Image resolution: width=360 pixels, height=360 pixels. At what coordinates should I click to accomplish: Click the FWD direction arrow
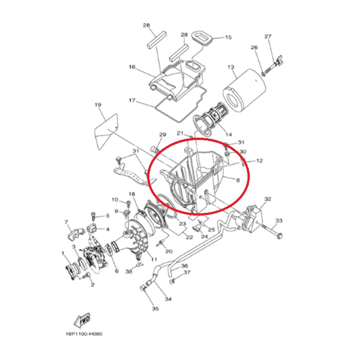[x=82, y=320]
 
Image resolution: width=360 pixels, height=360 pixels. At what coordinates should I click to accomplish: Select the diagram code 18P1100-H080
[x=84, y=334]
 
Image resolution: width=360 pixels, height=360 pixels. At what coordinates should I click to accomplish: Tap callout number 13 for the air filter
[x=231, y=67]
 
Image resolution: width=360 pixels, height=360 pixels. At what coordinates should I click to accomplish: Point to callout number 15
[x=228, y=37]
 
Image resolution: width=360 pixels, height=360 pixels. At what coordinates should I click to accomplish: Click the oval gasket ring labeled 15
[x=202, y=38]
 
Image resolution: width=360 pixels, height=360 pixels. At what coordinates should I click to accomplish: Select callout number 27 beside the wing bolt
[x=268, y=36]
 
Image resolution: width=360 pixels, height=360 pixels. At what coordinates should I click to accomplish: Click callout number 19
[x=98, y=105]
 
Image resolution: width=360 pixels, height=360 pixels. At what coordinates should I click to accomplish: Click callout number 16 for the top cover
[x=132, y=67]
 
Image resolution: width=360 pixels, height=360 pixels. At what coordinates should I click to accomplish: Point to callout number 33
[x=279, y=220]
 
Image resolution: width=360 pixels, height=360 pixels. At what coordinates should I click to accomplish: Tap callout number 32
[x=268, y=199]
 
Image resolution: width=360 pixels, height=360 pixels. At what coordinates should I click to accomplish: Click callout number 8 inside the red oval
[x=238, y=180]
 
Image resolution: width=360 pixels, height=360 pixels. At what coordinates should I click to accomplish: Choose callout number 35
[x=155, y=309]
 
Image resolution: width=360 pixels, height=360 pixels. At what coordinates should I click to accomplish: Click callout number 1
[x=63, y=253]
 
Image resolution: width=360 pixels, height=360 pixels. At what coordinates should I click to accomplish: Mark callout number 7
[x=66, y=222]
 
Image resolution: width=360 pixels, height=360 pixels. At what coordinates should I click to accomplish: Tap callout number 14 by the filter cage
[x=229, y=134]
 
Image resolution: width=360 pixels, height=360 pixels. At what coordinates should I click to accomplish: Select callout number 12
[x=260, y=161]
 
